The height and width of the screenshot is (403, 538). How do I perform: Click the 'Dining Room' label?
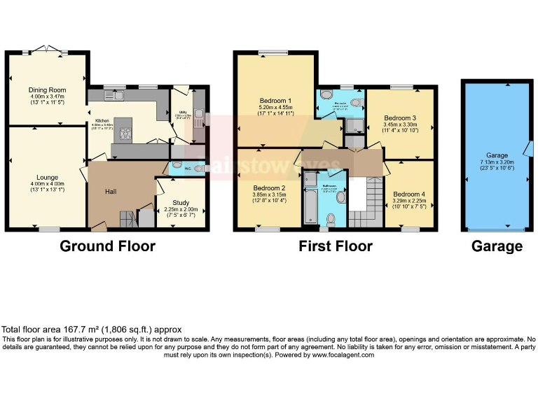(x=47, y=90)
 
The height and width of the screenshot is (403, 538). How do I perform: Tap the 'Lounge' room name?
(x=47, y=177)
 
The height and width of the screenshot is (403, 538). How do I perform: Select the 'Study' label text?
(x=181, y=202)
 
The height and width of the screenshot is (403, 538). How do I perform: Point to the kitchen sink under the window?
(x=113, y=95)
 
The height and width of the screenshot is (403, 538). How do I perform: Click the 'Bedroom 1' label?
(x=275, y=100)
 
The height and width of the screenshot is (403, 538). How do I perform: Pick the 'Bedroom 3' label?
(x=400, y=118)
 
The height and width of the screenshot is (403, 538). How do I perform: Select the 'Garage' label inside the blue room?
(x=497, y=155)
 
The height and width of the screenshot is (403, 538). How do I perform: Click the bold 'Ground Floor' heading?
(x=107, y=246)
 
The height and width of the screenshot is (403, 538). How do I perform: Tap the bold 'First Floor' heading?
(x=335, y=246)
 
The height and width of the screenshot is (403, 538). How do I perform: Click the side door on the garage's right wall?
(x=529, y=148)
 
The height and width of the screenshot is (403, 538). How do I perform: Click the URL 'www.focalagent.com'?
(x=343, y=355)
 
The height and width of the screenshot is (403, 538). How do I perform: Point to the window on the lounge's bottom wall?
(x=48, y=229)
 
